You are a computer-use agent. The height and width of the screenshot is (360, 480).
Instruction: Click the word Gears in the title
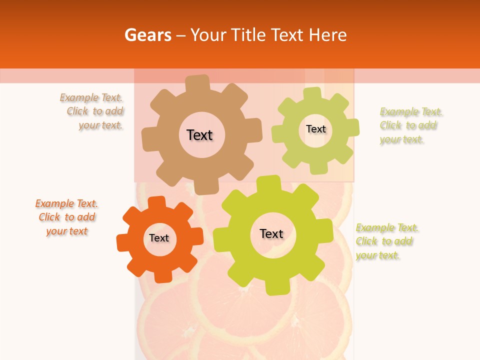point(147,35)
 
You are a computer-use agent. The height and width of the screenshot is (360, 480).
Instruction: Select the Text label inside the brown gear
point(199,135)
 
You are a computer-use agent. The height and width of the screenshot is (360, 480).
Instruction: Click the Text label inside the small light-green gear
point(315,129)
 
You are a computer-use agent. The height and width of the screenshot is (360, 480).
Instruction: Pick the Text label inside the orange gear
point(159,238)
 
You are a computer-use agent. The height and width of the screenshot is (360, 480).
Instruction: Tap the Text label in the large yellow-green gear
point(271,233)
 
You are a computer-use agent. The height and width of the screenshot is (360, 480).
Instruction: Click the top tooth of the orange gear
point(156,203)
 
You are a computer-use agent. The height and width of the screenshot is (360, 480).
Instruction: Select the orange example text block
point(66,217)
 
